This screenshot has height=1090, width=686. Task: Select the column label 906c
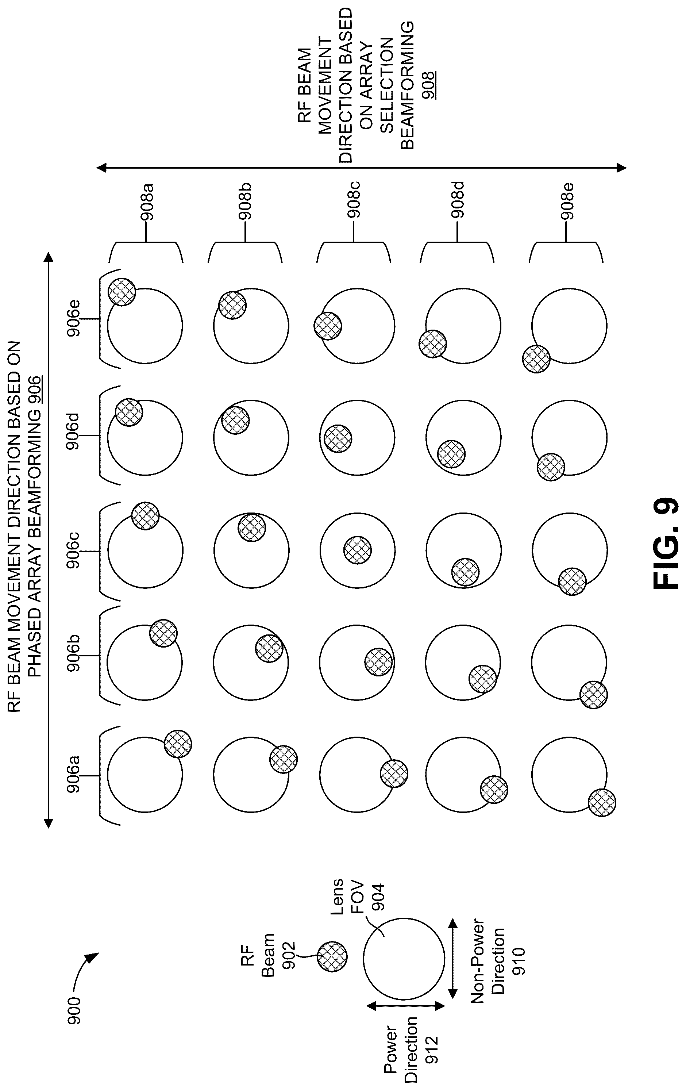pyautogui.click(x=73, y=550)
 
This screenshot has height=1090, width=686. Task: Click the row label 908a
pyautogui.click(x=147, y=202)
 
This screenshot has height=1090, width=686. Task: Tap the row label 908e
pyautogui.click(x=567, y=202)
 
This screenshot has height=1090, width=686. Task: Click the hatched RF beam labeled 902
pyautogui.click(x=332, y=957)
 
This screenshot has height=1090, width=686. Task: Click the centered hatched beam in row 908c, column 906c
pyautogui.click(x=358, y=550)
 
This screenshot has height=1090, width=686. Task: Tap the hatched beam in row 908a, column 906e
pyautogui.click(x=122, y=292)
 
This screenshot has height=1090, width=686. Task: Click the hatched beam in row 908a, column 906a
pyautogui.click(x=178, y=744)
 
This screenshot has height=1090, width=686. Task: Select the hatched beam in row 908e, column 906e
pyautogui.click(x=536, y=359)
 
